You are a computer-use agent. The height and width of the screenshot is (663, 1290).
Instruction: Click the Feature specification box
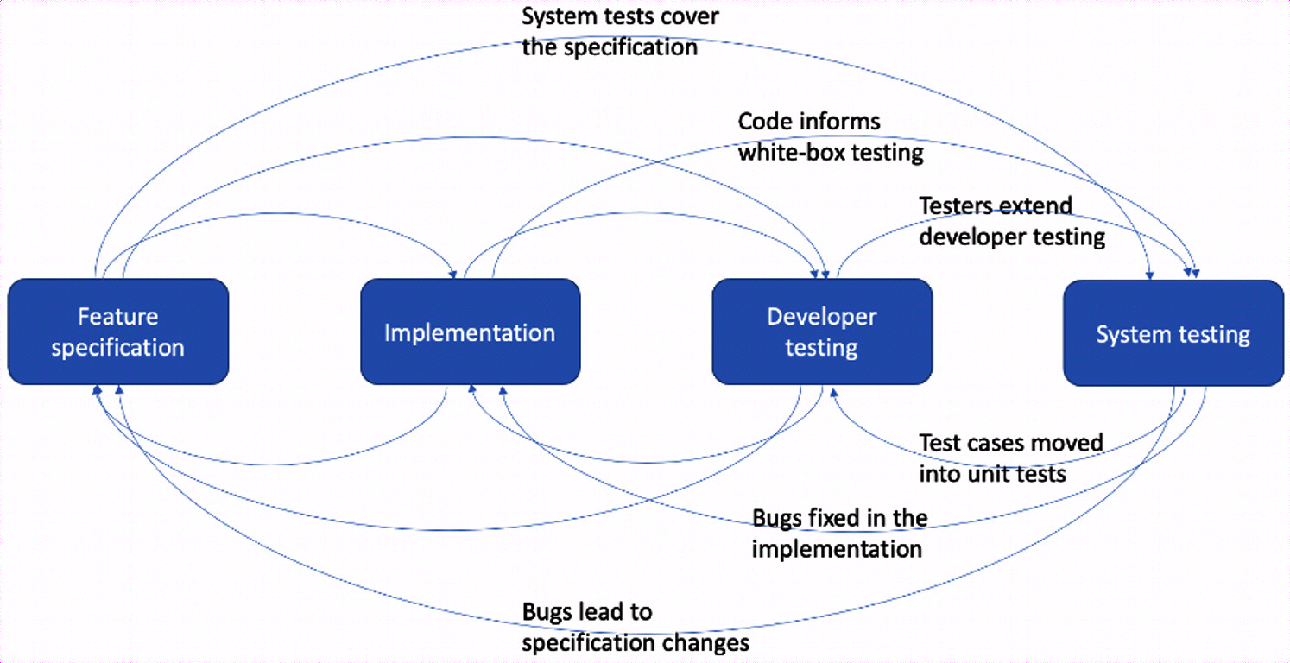click(118, 331)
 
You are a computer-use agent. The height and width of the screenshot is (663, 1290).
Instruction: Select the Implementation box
click(471, 331)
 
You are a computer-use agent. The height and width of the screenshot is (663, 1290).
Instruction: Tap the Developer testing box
click(822, 331)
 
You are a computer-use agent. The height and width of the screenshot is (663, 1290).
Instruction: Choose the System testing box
click(1173, 333)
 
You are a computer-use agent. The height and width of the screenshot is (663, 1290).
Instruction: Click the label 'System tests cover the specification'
click(620, 32)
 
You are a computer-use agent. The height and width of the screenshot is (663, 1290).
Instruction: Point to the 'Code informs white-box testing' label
click(831, 137)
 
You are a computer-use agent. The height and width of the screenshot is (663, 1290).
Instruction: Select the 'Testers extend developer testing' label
click(1012, 221)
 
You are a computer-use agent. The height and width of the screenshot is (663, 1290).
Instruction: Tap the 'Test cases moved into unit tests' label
click(1011, 458)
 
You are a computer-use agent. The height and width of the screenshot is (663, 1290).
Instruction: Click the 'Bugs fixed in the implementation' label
click(839, 534)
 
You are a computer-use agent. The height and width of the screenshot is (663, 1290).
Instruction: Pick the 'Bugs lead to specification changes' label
click(636, 628)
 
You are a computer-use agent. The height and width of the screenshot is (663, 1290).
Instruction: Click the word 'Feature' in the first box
click(118, 317)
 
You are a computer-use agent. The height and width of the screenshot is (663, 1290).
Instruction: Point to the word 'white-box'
click(793, 153)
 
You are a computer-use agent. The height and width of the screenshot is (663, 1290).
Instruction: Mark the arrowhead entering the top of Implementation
click(453, 275)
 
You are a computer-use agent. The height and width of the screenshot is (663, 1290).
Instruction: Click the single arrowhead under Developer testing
click(832, 392)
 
